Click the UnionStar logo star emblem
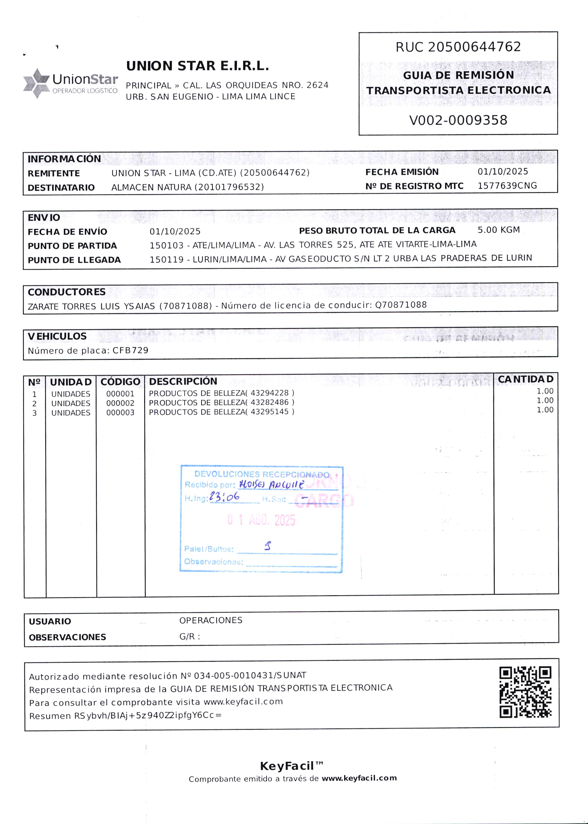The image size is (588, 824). click(36, 83)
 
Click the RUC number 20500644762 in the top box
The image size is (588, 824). click(474, 47)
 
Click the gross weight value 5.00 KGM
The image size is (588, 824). click(498, 230)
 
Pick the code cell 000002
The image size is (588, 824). click(120, 403)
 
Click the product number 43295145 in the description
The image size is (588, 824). click(269, 412)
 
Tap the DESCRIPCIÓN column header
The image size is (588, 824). click(183, 381)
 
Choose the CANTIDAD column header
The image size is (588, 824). click(525, 379)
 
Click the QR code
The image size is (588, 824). click(525, 692)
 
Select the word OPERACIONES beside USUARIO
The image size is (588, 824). click(211, 620)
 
